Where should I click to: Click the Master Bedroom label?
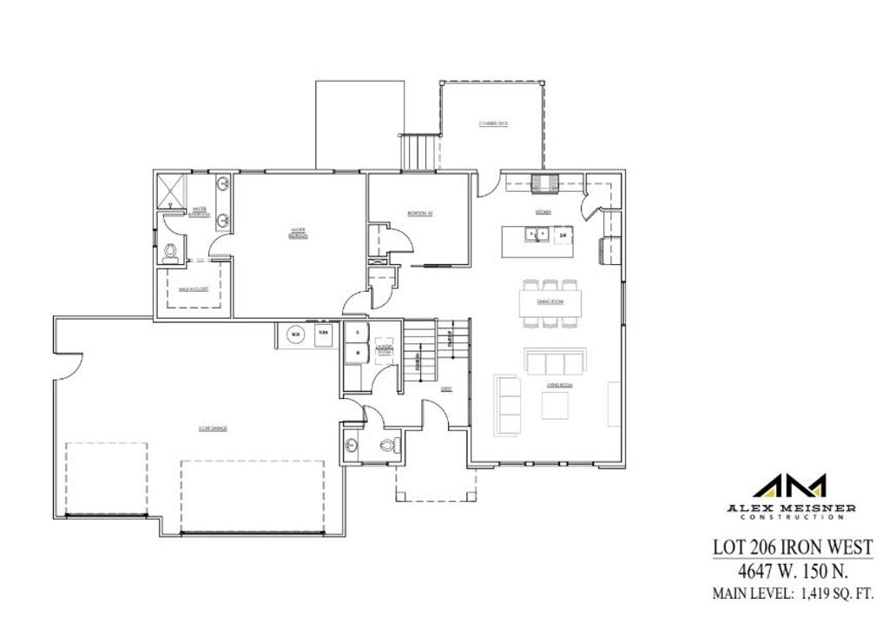(x=296, y=232)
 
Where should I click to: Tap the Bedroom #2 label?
(x=420, y=213)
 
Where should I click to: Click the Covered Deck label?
(x=493, y=124)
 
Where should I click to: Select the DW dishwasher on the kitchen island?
(x=563, y=235)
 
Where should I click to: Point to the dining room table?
(x=550, y=302)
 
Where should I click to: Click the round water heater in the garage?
(x=296, y=334)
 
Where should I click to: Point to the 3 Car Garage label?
(x=212, y=428)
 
